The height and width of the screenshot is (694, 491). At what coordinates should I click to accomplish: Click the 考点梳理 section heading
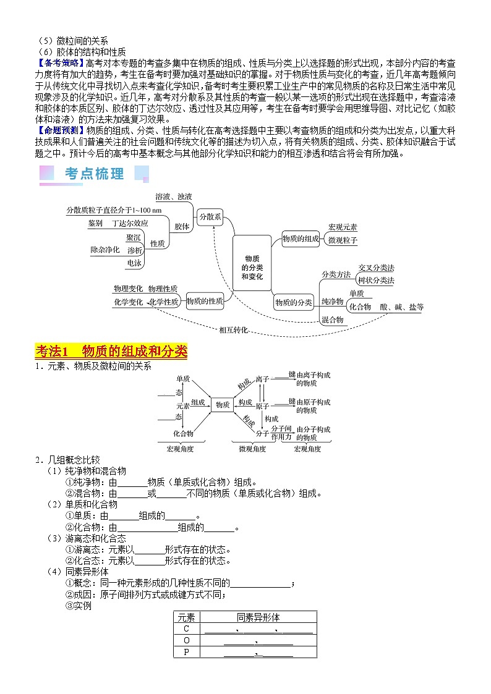point(94,174)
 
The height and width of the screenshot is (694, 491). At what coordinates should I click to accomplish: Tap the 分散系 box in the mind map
point(210,217)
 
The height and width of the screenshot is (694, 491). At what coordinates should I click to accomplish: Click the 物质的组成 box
point(301,238)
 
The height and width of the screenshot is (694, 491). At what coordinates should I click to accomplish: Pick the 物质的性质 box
point(205,301)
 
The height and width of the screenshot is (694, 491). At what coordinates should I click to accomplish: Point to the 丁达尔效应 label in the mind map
point(130,222)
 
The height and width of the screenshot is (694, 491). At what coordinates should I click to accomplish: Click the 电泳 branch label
point(134,263)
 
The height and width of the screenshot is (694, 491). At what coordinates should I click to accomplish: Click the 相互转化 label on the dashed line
point(234,330)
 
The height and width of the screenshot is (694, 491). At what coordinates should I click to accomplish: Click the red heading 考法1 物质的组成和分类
point(111,351)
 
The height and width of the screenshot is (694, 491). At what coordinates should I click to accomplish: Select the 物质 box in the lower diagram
point(222,405)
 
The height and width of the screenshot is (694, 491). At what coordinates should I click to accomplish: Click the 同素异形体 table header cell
point(258,617)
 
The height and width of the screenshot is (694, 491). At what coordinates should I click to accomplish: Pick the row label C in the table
point(186,629)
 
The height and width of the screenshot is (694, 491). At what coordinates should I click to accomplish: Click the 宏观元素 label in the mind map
point(343,227)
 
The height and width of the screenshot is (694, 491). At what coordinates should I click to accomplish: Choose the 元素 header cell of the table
point(186,617)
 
